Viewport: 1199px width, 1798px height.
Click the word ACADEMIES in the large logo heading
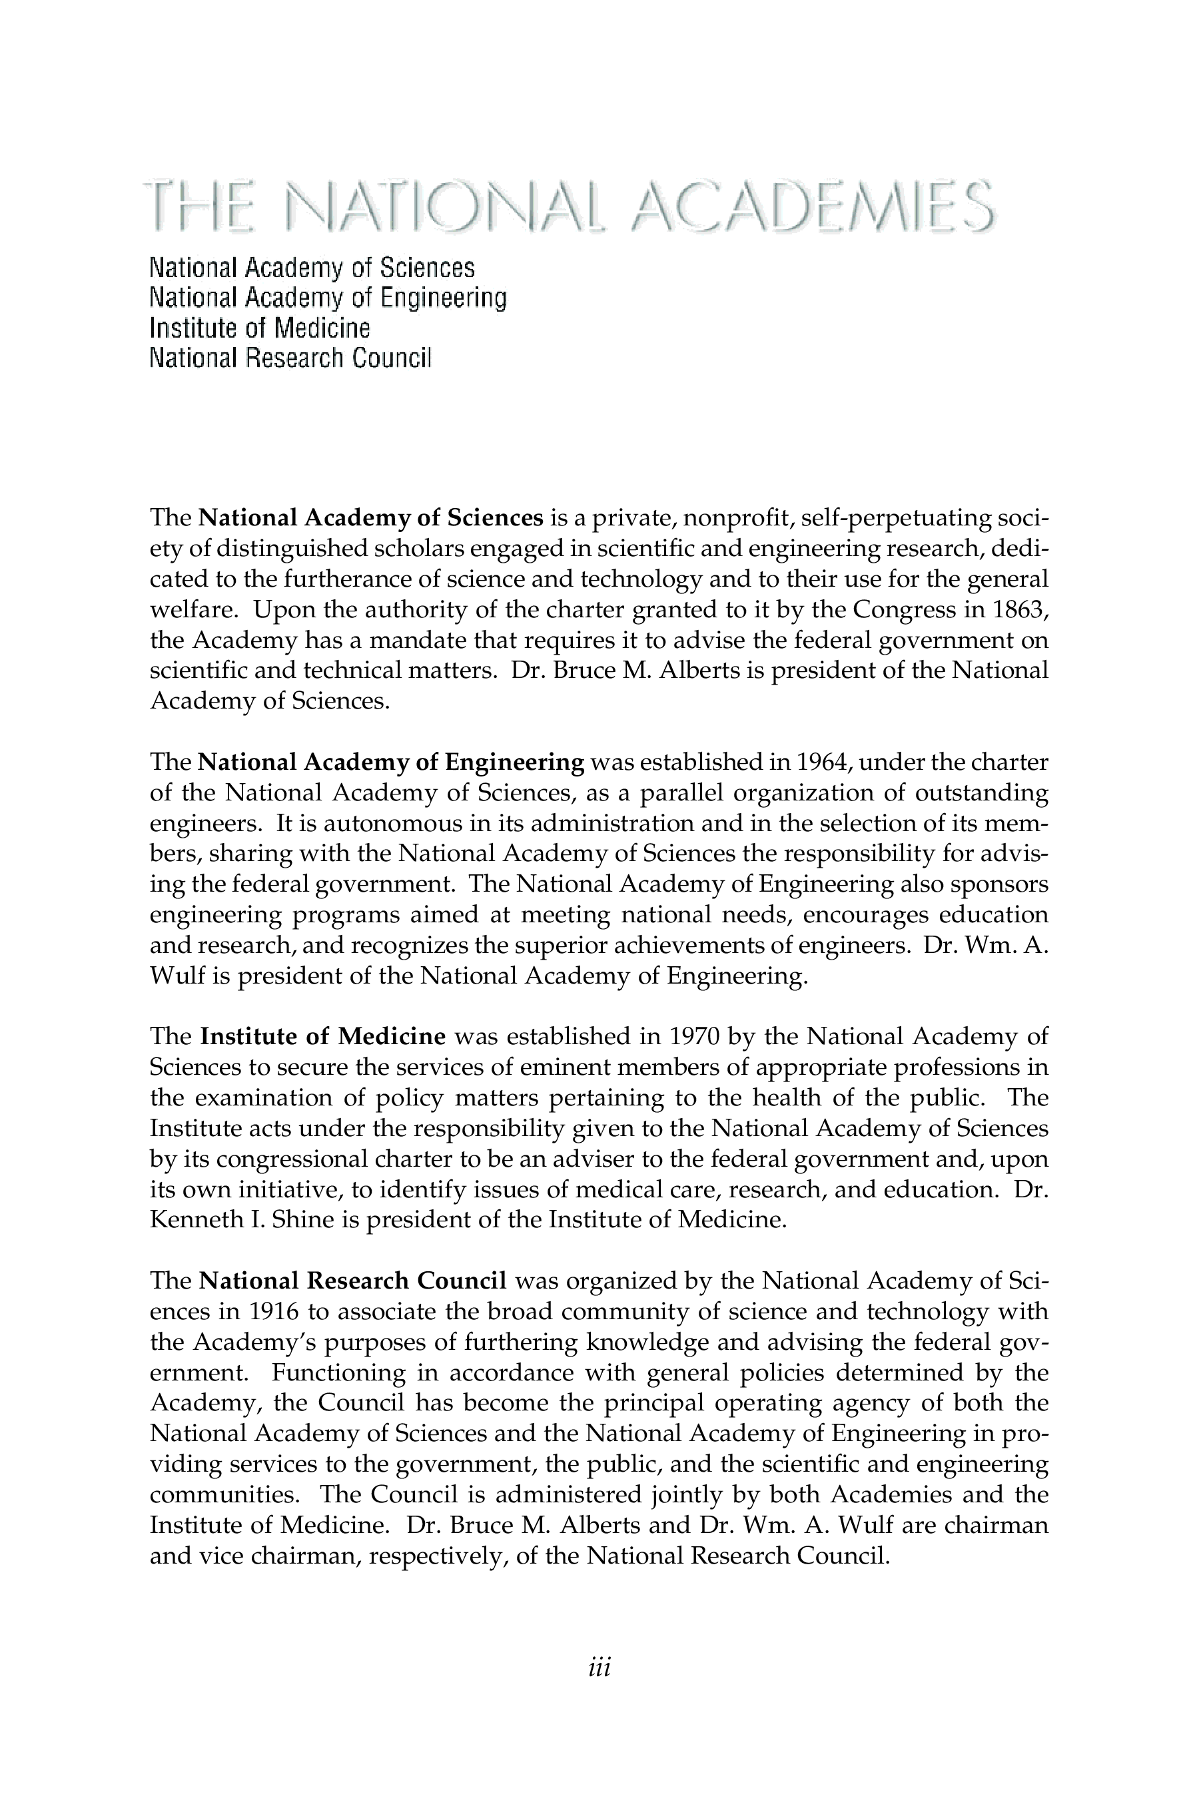[815, 206]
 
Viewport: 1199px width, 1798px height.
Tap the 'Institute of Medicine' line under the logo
[259, 329]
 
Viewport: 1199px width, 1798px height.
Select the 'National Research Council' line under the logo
[290, 358]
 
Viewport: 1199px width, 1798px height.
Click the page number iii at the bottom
[599, 1667]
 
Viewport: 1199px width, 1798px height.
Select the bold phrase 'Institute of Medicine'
[322, 1037]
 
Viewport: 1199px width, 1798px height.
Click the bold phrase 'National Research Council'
[352, 1281]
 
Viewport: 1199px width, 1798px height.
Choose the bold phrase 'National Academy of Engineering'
[391, 762]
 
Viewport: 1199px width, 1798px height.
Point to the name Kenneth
[197, 1220]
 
